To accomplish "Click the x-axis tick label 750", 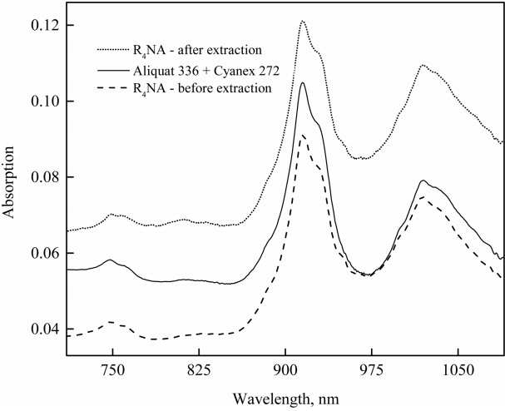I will coord(112,373).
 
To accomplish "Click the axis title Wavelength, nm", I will coord(284,398).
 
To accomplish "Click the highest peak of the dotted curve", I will coord(303,21).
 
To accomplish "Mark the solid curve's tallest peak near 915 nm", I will coord(303,82).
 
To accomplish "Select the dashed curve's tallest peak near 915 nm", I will coord(303,135).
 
